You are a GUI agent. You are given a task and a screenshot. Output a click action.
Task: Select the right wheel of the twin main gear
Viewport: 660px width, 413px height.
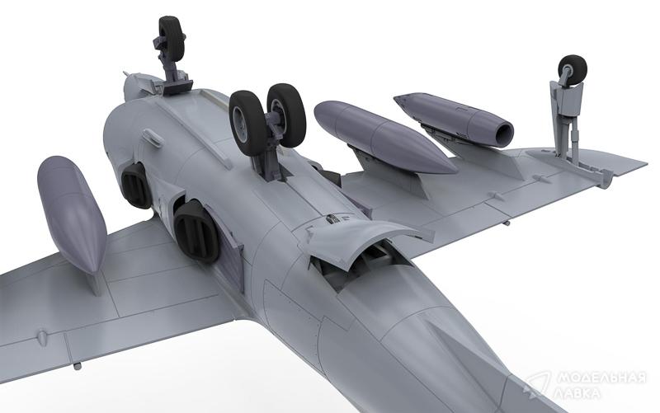click(286, 115)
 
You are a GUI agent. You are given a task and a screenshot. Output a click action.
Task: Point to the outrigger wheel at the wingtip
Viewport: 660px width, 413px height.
click(573, 69)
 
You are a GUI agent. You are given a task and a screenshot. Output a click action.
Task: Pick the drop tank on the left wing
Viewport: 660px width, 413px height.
click(72, 214)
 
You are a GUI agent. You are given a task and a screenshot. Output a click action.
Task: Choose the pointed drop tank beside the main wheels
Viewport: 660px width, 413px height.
click(385, 137)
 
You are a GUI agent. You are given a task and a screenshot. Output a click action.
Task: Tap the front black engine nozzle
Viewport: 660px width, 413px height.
click(136, 185)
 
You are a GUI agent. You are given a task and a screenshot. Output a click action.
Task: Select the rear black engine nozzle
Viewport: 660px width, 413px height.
click(196, 232)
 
